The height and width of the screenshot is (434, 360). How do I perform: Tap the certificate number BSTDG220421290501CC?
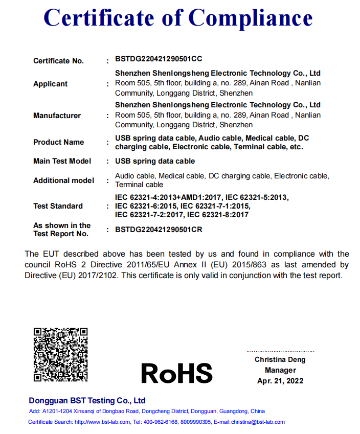(x=159, y=59)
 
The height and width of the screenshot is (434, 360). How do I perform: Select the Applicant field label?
(x=50, y=84)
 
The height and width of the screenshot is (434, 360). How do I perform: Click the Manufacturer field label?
(x=57, y=116)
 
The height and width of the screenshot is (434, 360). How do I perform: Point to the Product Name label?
(x=58, y=142)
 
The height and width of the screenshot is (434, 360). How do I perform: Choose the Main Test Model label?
(x=62, y=161)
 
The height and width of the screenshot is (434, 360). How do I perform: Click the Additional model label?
(x=63, y=180)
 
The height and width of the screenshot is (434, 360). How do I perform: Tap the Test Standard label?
(x=58, y=206)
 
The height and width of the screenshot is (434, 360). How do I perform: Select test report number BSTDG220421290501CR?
(x=159, y=230)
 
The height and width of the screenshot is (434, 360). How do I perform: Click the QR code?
(x=60, y=354)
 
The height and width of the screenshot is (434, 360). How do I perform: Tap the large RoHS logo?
(x=176, y=373)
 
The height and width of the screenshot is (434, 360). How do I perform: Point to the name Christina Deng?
(x=280, y=360)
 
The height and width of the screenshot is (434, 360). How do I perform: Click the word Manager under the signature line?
(x=280, y=370)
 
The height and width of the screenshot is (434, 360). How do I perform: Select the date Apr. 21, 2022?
(x=280, y=381)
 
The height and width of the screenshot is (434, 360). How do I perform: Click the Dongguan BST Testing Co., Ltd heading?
(x=87, y=401)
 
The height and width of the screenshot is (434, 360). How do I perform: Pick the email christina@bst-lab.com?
(x=258, y=422)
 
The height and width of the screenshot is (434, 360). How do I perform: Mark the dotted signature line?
(x=280, y=352)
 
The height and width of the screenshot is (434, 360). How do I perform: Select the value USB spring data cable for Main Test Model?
(x=155, y=161)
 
